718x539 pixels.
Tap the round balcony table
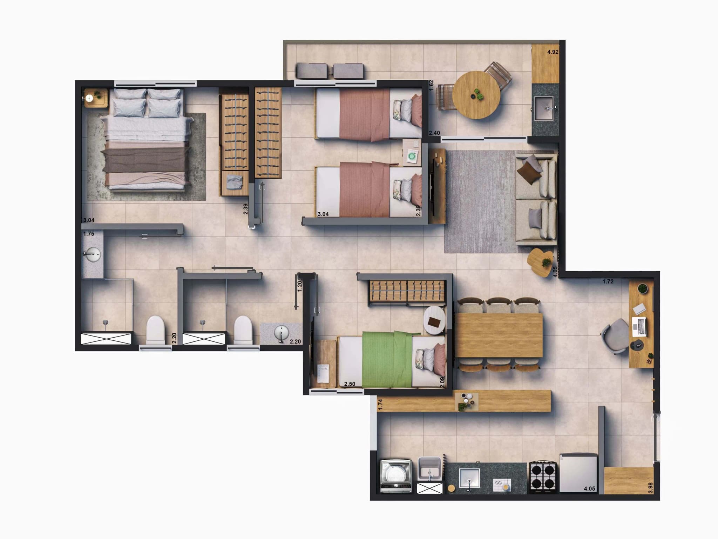476,95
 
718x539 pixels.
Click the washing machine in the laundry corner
396,476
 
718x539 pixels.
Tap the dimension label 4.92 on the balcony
553,52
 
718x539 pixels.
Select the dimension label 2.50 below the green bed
350,384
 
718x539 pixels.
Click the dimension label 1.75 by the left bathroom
89,234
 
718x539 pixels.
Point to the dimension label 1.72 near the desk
608,281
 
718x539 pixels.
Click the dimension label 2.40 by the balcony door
434,133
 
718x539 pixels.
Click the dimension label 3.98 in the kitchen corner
651,487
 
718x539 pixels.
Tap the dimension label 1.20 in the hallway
299,286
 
